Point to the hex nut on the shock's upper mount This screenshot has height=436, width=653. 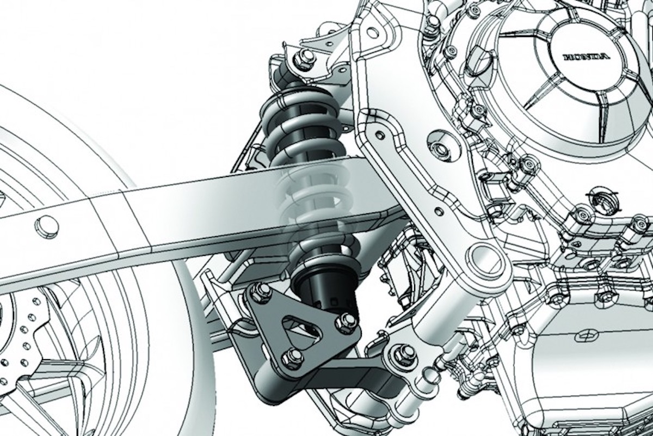[304, 59]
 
